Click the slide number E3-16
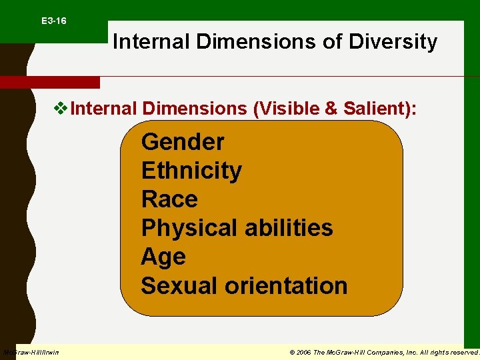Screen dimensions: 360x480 (x=53, y=21)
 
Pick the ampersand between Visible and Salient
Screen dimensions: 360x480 (x=331, y=108)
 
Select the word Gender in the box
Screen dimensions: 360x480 (x=183, y=142)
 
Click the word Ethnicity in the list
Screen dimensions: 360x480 (x=191, y=171)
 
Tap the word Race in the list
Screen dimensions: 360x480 (x=169, y=199)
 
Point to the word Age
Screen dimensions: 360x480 (x=163, y=257)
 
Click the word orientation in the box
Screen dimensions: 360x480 (x=286, y=285)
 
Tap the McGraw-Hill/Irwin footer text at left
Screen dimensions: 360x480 (x=31, y=352)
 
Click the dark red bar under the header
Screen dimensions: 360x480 (x=49, y=83)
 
